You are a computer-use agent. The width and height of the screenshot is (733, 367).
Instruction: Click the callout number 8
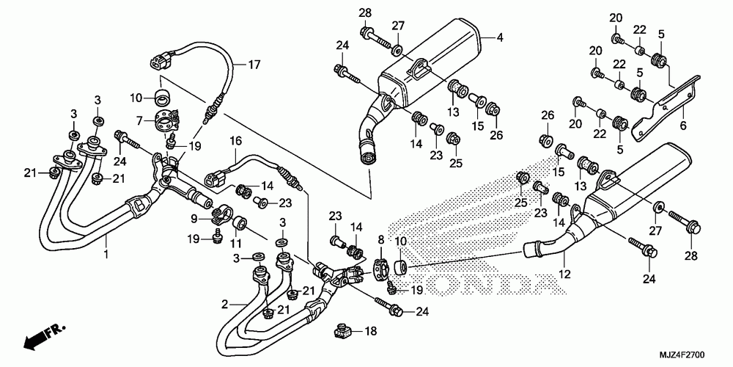pyautogui.click(x=380, y=239)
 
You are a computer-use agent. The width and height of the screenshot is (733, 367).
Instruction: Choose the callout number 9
pyautogui.click(x=194, y=218)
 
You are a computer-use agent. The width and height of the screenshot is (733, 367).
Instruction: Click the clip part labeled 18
pyautogui.click(x=341, y=332)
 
